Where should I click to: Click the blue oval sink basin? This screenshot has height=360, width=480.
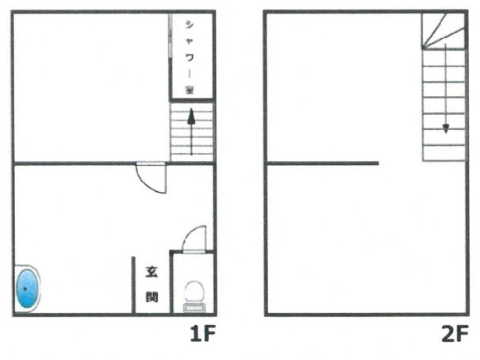28,288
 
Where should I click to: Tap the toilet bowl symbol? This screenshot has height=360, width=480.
194,291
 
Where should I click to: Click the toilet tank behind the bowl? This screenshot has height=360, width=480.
194,308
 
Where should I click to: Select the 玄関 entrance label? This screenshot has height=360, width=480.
152,284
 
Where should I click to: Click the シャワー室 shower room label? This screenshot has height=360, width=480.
190,57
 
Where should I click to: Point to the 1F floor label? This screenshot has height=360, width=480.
202,333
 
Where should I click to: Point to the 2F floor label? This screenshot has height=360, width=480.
455,333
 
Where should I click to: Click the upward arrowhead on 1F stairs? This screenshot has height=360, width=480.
192,117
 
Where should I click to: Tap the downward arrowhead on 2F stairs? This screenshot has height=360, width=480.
446,128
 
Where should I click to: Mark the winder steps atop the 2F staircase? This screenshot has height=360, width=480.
444,31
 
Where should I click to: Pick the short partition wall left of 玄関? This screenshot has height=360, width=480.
133,285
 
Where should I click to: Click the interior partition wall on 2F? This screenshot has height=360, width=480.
323,163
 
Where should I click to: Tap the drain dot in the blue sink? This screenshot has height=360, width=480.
25,289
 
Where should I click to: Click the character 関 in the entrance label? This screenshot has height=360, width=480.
152,296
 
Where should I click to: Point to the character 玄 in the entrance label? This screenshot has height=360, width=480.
152,272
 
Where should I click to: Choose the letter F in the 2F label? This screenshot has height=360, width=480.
463,333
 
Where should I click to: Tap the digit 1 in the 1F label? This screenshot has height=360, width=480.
195,333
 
